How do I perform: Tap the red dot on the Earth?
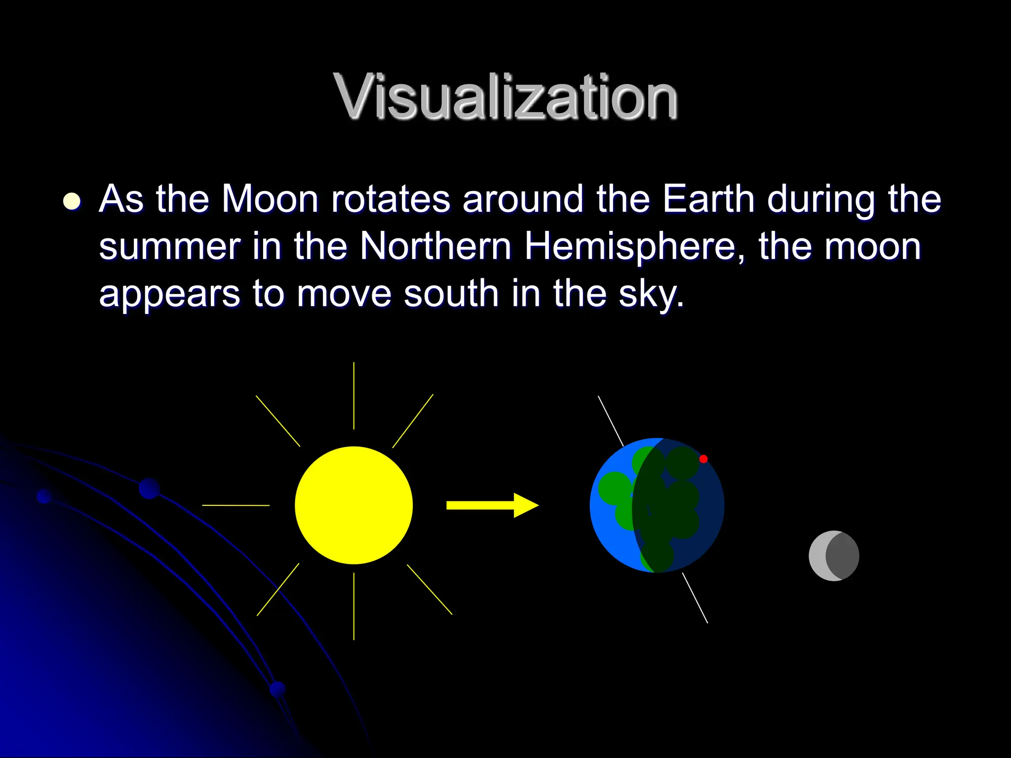coord(703,459)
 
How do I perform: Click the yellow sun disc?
coord(353,505)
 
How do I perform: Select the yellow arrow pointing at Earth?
coord(491,505)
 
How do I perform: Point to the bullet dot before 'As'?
coord(72,201)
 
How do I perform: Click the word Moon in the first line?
coord(270,199)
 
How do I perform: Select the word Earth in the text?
coord(708,199)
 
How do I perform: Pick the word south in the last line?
coord(451,293)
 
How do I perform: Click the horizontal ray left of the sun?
coord(236,505)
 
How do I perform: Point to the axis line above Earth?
coord(611,420)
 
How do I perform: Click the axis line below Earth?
coord(695,598)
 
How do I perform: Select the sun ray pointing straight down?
coord(353,606)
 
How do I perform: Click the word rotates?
coord(390,199)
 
